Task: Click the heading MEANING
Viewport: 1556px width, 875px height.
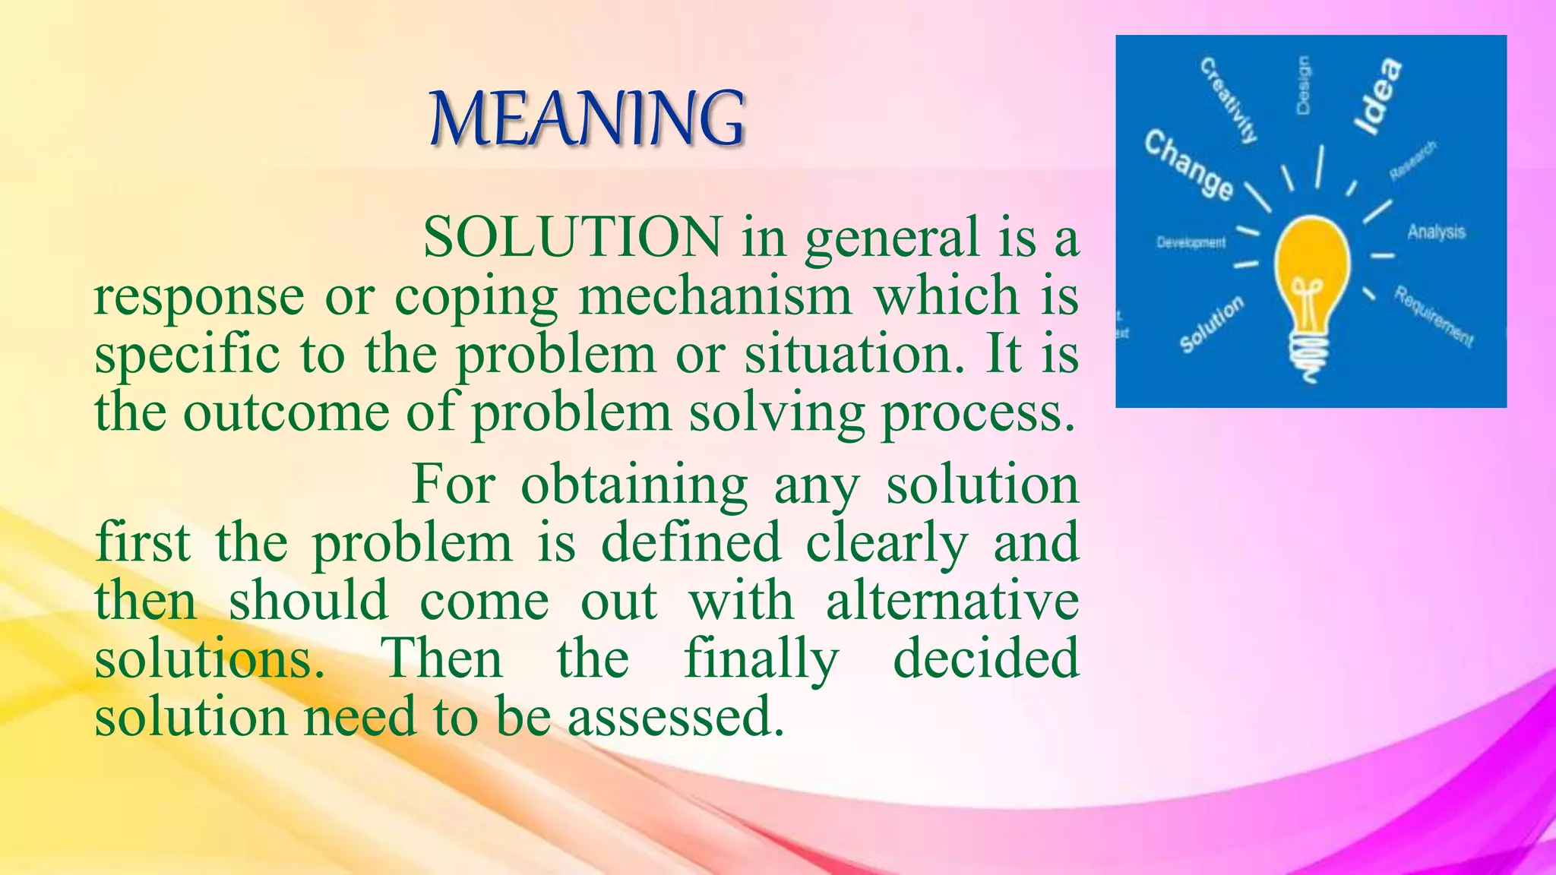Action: click(587, 118)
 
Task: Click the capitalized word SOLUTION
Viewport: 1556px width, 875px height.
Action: click(572, 238)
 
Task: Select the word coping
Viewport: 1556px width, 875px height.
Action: click(476, 298)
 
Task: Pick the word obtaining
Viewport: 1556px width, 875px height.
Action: click(634, 485)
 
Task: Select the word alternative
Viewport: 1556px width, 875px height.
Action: click(952, 601)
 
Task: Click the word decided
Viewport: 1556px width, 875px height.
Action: click(985, 659)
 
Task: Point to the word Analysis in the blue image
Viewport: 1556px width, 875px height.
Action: click(1436, 231)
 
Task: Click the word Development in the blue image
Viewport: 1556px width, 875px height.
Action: click(1191, 242)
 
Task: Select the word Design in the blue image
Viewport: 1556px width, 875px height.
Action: click(1303, 85)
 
